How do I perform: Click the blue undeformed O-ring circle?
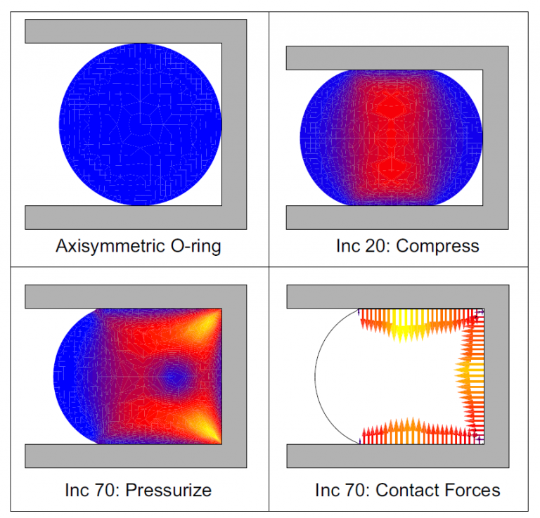[141, 124]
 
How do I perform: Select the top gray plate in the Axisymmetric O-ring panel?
[134, 31]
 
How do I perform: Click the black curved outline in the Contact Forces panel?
[316, 376]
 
